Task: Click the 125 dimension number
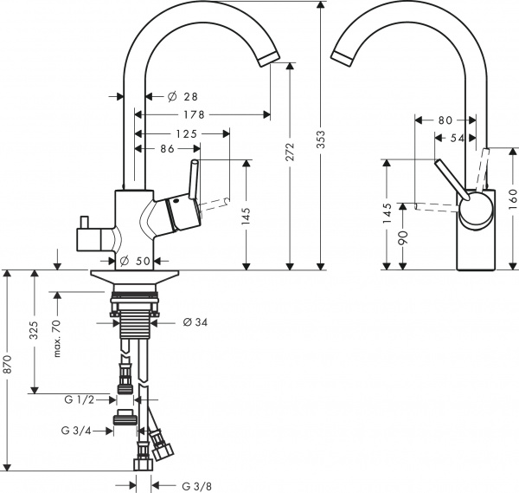[x=186, y=133]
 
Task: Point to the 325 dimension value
[x=34, y=333]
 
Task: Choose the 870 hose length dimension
[x=8, y=368]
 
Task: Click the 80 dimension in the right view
[x=445, y=120]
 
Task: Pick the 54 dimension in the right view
[x=457, y=138]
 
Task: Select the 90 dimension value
[x=401, y=236]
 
